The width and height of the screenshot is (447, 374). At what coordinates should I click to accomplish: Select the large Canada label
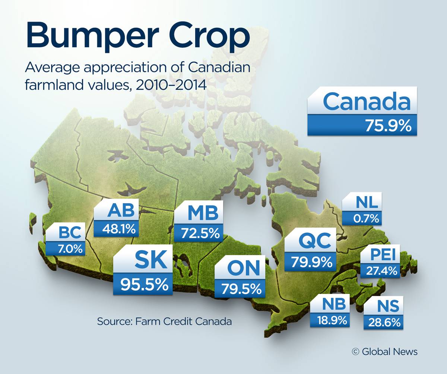coord(367,102)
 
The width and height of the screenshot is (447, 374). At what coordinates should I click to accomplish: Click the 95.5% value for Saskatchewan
coord(144,284)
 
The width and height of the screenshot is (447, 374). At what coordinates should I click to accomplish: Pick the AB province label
coord(121,211)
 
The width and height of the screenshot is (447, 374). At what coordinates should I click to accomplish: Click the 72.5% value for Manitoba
coord(200,233)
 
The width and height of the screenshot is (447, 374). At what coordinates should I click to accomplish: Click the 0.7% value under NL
coord(366,219)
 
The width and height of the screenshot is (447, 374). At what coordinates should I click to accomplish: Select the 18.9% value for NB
coord(332,319)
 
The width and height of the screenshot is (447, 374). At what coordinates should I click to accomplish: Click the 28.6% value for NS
coord(384,322)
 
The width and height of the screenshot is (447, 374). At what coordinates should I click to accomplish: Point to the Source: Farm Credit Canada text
coord(164,321)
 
